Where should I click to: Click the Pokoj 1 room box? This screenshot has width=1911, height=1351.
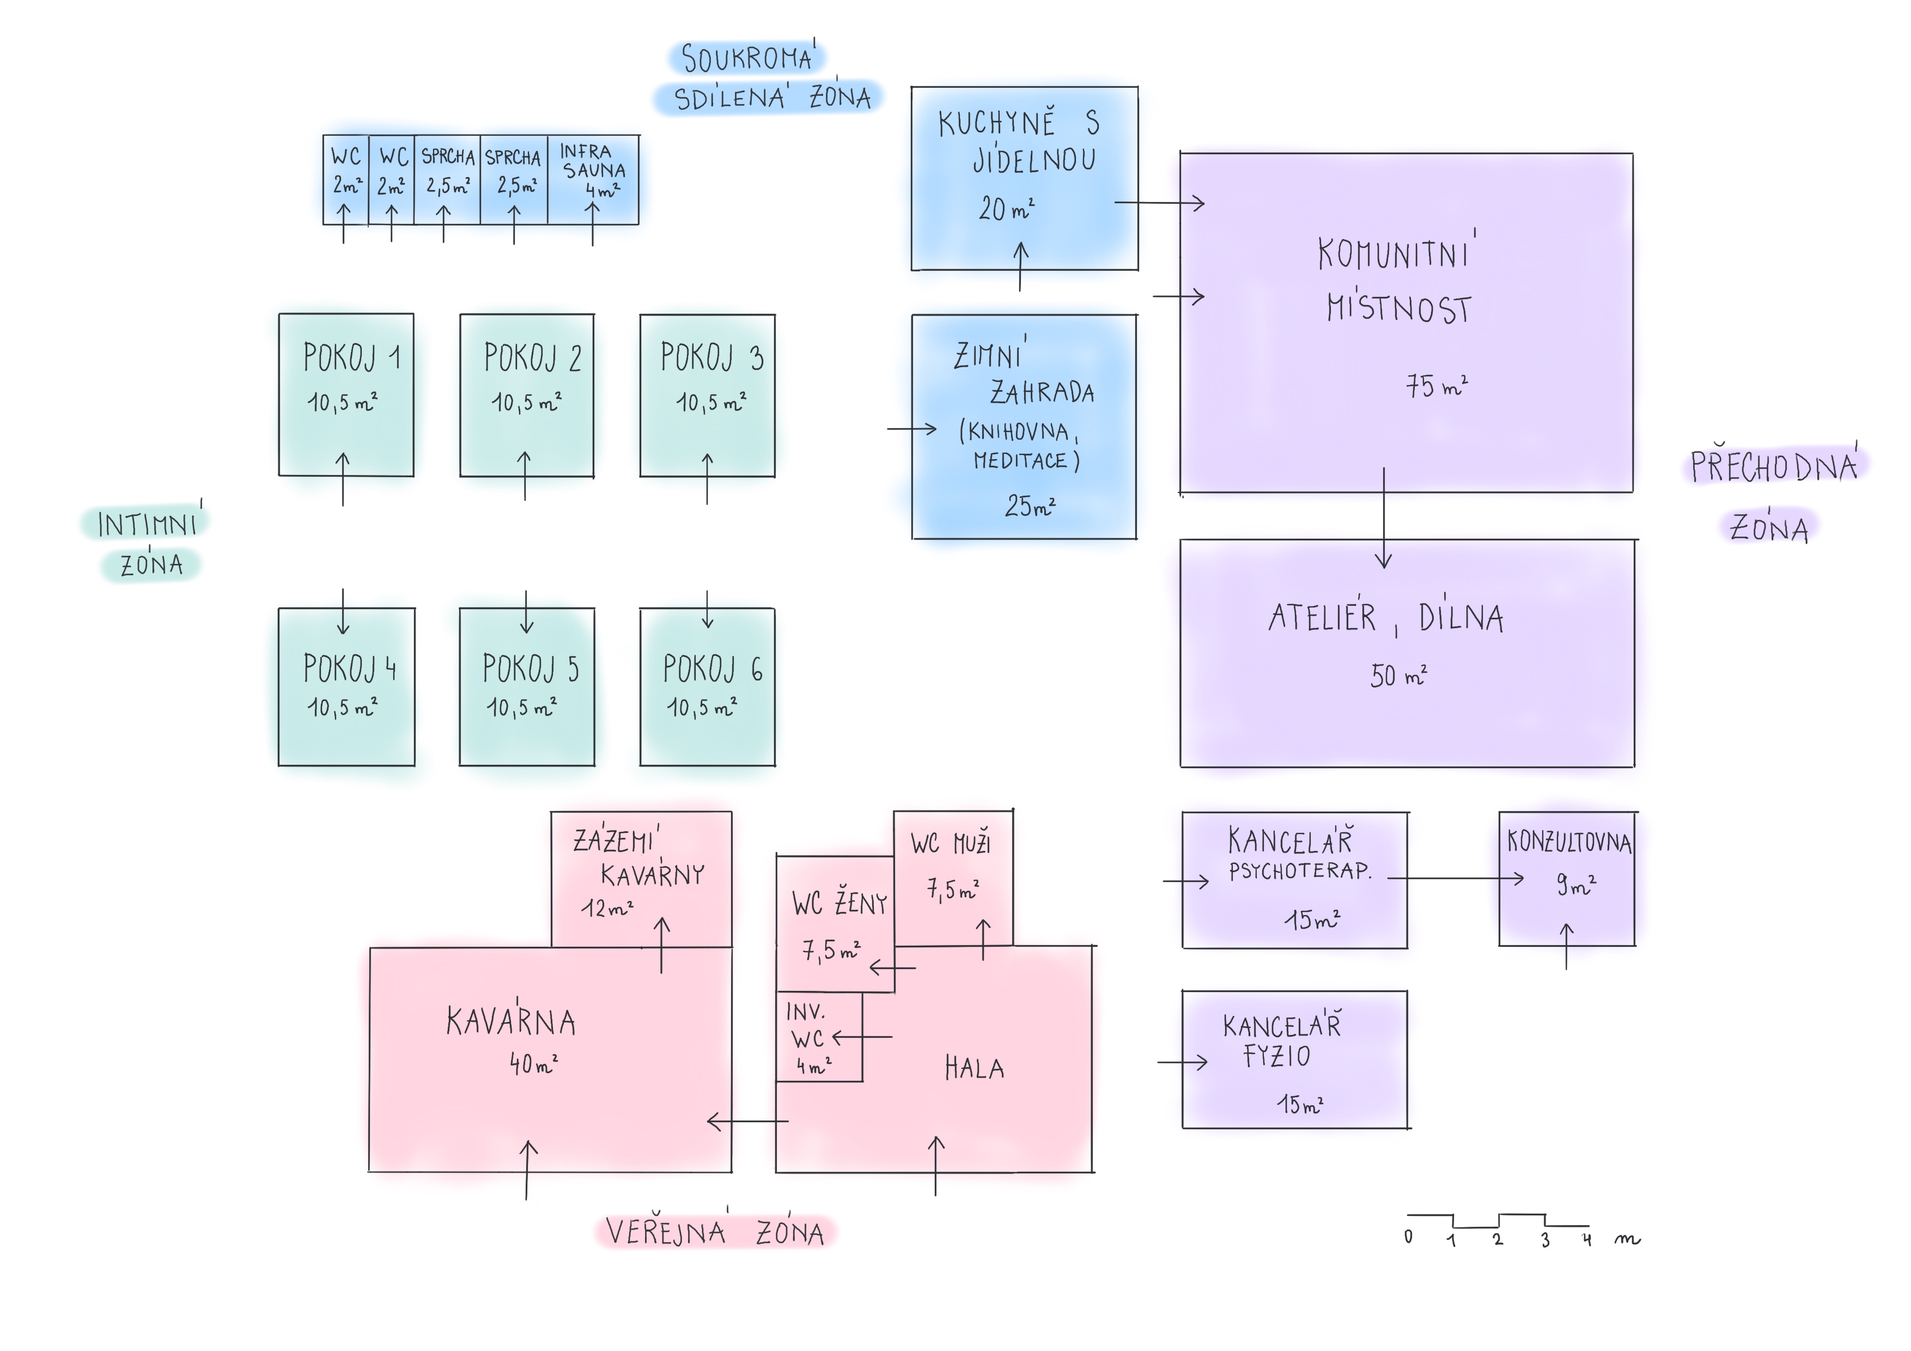[x=346, y=394]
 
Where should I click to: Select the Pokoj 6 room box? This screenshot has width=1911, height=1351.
[x=708, y=687]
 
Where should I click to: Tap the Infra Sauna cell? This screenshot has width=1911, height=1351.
[x=593, y=180]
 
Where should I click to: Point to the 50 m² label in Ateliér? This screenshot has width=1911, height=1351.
[x=1398, y=675]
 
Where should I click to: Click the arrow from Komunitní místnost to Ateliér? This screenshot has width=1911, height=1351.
[x=1384, y=518]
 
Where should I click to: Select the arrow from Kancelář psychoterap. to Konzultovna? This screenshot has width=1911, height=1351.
[x=1456, y=878]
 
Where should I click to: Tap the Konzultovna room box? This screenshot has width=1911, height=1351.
[x=1567, y=879]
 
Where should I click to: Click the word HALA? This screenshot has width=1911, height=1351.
[x=975, y=1068]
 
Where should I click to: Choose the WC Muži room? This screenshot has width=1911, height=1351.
[x=953, y=878]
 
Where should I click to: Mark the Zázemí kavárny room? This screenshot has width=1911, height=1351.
[x=641, y=879]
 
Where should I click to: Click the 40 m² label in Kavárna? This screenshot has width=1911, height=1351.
[x=533, y=1063]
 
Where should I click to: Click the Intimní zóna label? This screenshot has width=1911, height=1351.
[x=148, y=544]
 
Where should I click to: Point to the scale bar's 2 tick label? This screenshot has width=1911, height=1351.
[x=1498, y=1239]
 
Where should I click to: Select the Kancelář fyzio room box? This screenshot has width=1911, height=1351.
[x=1295, y=1060]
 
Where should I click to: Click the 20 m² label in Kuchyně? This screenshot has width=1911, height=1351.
[x=1006, y=208]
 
